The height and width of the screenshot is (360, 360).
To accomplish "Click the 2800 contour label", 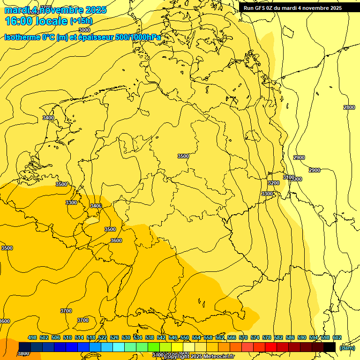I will pos(349,107).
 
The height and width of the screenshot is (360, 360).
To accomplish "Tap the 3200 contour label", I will pos(273,183).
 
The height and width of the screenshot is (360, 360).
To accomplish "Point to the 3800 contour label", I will pos(23,354).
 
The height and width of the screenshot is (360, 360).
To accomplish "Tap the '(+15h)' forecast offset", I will pos(81,21).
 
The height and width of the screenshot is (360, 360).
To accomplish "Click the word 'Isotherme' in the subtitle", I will pos(22,37).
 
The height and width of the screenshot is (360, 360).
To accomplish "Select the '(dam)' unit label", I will pos(347,347).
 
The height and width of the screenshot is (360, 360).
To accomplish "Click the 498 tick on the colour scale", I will pos(32,337).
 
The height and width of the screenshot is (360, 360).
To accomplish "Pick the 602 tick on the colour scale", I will pos(337,337).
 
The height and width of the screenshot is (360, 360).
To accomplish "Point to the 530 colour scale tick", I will pos(126,337).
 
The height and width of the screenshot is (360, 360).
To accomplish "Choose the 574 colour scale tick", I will pos(255,337).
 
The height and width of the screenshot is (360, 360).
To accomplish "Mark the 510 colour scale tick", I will pos(67,337).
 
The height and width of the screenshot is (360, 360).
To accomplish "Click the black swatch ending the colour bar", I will pos(329,347).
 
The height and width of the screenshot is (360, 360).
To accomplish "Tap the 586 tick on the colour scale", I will pos(290,337).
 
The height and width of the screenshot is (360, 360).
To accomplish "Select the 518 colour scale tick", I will pos(91,337).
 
